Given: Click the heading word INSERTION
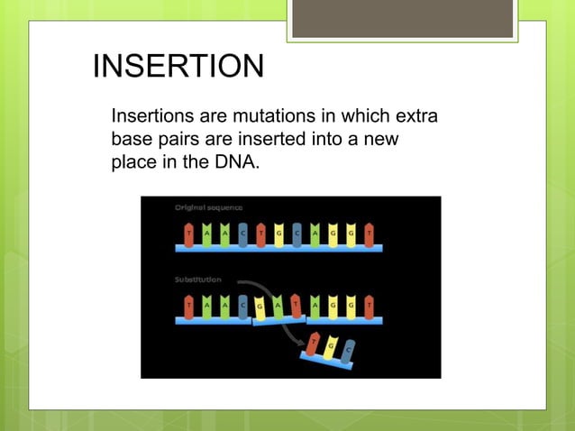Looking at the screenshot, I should point(178,68).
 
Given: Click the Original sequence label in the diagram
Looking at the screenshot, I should point(208,207).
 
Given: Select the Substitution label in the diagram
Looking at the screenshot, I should point(198,280).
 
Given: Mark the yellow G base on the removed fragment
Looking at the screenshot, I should point(330,347).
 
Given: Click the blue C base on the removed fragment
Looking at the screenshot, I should point(347,353).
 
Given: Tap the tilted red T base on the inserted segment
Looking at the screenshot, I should point(297,304).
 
